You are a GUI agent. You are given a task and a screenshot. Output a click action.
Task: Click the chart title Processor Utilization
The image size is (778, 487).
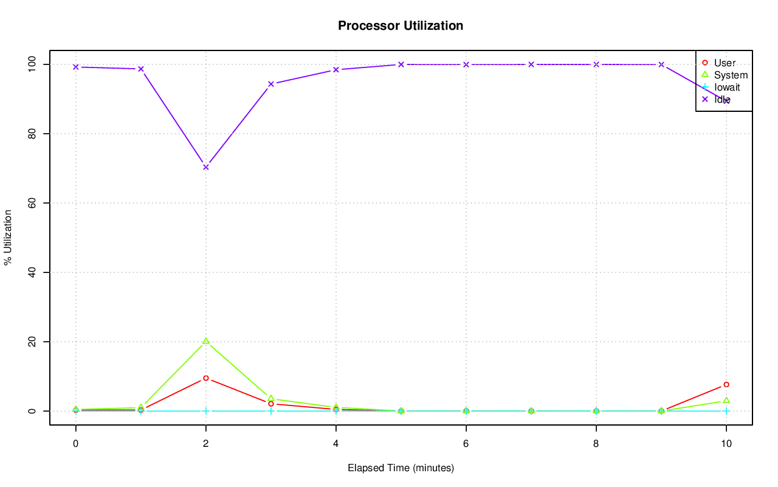point(401,26)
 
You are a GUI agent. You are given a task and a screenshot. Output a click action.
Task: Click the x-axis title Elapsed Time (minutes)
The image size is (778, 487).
point(401,468)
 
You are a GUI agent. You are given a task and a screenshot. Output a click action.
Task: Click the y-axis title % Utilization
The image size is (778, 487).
point(9,237)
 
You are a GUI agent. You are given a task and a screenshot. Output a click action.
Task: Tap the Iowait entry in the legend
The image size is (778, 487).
point(727,87)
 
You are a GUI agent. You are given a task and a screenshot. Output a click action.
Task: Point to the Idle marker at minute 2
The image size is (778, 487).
point(206,167)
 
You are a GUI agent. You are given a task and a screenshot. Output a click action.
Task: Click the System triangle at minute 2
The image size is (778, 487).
point(206,341)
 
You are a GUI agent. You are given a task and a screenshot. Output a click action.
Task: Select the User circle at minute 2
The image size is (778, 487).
point(206,378)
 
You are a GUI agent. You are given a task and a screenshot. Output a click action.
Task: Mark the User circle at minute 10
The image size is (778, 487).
point(726,384)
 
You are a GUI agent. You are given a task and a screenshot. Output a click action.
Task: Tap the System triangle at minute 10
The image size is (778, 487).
point(726,400)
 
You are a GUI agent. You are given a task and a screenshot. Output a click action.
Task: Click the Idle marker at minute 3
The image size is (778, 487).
point(271,84)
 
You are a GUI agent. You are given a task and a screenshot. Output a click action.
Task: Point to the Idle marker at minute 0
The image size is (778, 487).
point(76,67)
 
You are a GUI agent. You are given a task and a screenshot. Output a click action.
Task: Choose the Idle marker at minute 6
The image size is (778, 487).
point(466,64)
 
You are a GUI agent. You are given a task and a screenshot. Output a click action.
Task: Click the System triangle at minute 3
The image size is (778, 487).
point(271,398)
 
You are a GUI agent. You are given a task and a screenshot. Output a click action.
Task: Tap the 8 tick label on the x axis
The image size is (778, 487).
point(596,444)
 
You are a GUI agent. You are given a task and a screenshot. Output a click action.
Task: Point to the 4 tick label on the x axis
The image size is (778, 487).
point(336,444)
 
